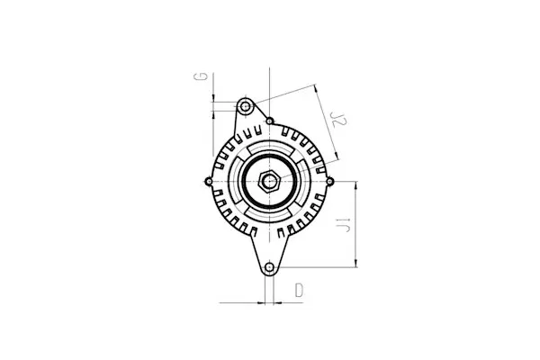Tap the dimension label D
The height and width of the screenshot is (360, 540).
point(299,290)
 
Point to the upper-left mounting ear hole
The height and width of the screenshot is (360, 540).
point(244,106)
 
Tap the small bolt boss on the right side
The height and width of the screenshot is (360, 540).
point(329,182)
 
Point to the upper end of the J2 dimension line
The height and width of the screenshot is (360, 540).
point(316,86)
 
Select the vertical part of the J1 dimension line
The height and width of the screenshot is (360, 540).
point(358,225)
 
